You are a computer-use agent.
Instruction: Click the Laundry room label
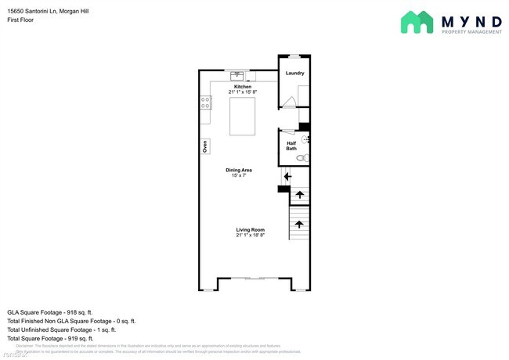click(294, 74)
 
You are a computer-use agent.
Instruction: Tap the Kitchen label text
click(242, 86)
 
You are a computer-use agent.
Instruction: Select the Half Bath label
click(291, 146)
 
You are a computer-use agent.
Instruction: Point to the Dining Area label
click(239, 170)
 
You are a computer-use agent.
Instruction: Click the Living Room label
click(251, 229)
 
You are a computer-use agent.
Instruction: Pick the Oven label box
click(204, 146)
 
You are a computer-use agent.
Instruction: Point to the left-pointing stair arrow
click(287, 177)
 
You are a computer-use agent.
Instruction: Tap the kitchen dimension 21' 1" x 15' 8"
click(242, 92)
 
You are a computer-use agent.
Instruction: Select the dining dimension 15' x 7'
click(239, 176)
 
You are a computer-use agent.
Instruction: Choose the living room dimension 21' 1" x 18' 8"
click(251, 236)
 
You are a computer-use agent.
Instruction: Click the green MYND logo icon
click(417, 22)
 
